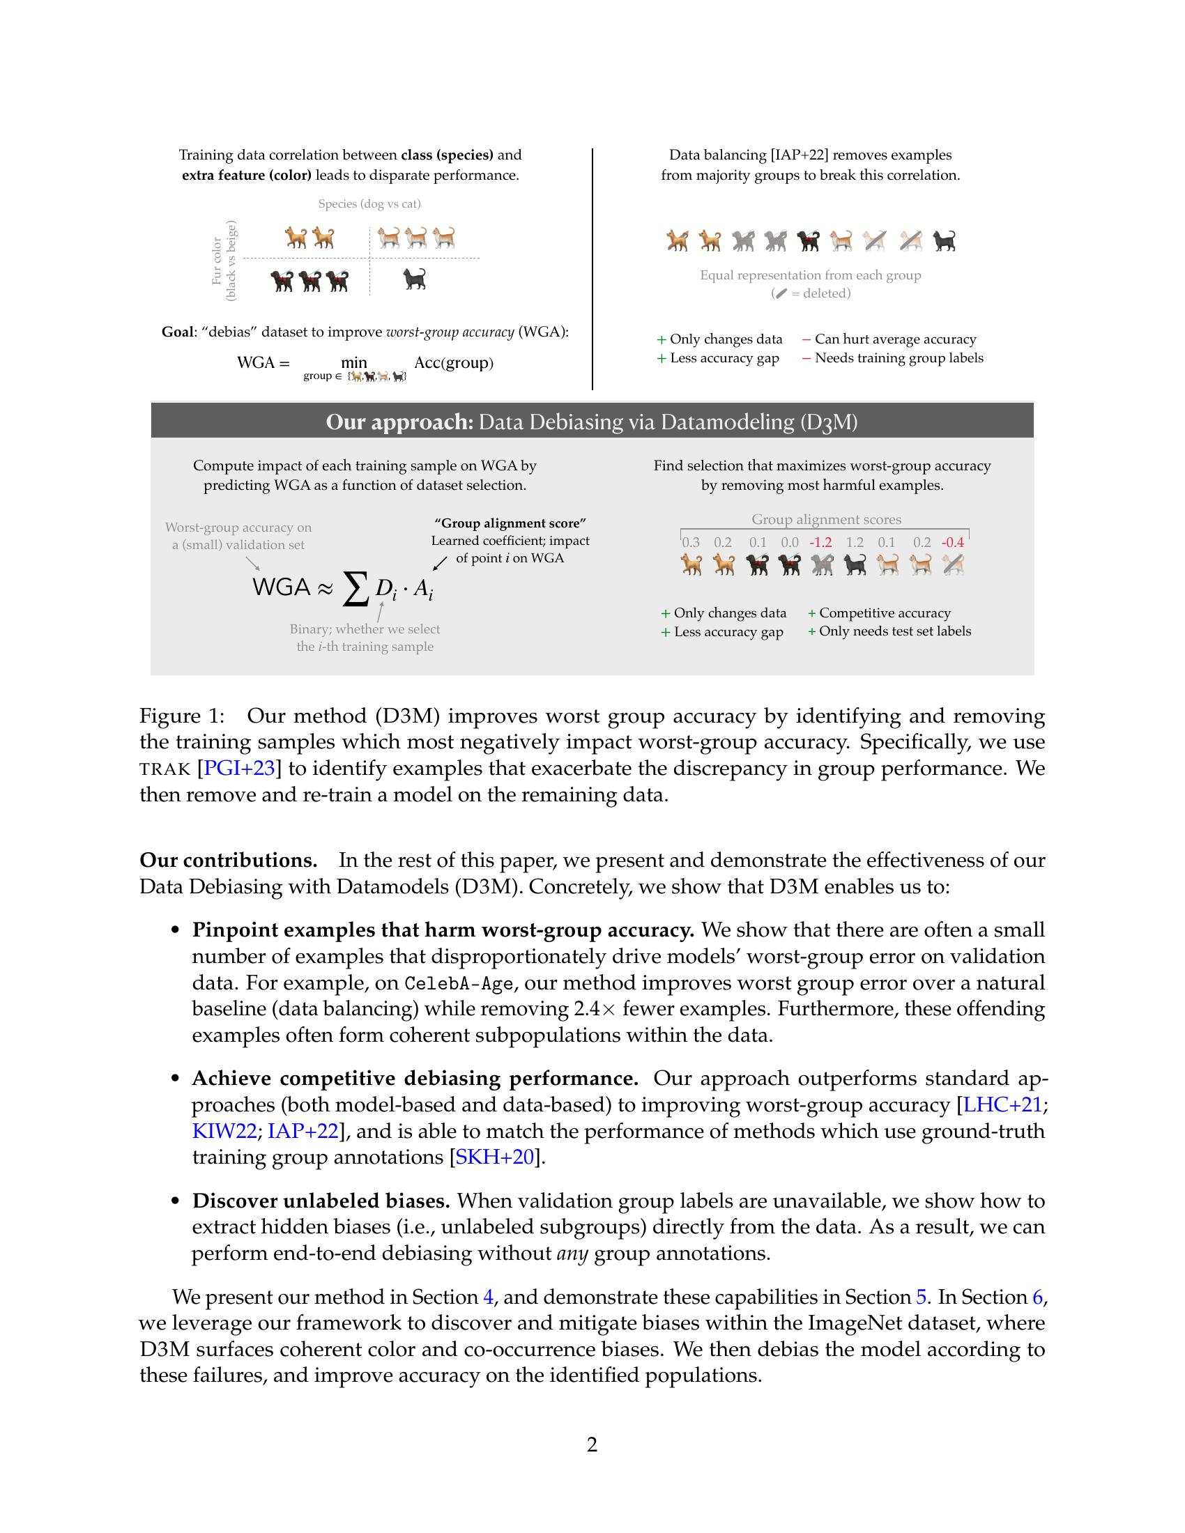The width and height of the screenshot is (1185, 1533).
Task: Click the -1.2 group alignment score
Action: pyautogui.click(x=820, y=542)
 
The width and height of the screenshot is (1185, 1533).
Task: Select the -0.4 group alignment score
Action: pyautogui.click(x=953, y=542)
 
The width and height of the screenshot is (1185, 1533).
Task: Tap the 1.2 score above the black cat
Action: pyautogui.click(x=855, y=542)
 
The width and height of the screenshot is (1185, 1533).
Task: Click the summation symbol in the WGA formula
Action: pyautogui.click(x=355, y=588)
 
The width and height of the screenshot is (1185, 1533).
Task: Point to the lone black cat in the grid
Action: pyautogui.click(x=415, y=279)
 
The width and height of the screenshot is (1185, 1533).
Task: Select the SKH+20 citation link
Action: pyautogui.click(x=495, y=1157)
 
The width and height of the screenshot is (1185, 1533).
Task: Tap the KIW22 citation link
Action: pyautogui.click(x=223, y=1131)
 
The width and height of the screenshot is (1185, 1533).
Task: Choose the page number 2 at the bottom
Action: pyautogui.click(x=592, y=1445)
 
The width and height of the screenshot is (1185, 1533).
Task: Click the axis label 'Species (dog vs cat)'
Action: pyautogui.click(x=369, y=204)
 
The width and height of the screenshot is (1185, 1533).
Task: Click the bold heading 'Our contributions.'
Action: pyautogui.click(x=228, y=860)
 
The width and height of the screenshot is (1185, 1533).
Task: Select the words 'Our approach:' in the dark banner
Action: pyautogui.click(x=399, y=422)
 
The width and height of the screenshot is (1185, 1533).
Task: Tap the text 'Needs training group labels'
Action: pyautogui.click(x=899, y=358)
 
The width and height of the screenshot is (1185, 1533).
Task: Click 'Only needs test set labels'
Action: pyautogui.click(x=894, y=631)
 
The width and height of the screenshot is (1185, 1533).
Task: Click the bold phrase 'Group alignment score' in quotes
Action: pyautogui.click(x=510, y=523)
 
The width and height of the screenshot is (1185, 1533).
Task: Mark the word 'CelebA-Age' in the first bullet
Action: pyautogui.click(x=459, y=983)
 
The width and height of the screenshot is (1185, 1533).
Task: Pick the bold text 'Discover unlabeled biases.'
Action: pyautogui.click(x=321, y=1201)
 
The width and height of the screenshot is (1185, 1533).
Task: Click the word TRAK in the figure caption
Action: pyautogui.click(x=165, y=769)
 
